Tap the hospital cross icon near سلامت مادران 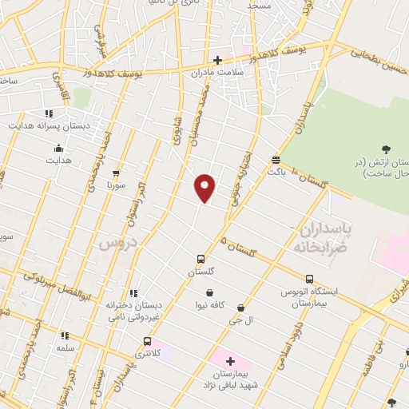(217, 59)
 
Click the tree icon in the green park (387, 149)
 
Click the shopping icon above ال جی (240, 308)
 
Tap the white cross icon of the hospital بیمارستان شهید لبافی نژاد (230, 362)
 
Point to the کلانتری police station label (142, 352)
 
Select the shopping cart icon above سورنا (117, 173)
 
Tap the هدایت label (58, 160)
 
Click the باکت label (276, 171)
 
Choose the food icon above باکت (276, 159)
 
